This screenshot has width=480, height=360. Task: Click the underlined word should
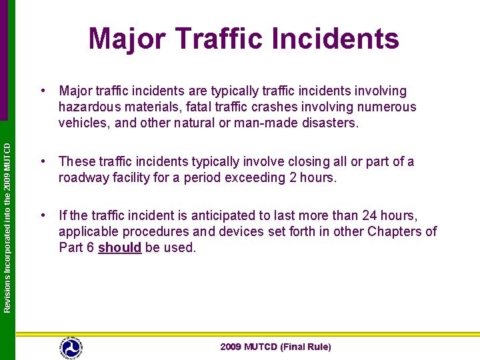[x=120, y=248]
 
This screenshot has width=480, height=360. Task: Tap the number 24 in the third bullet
[x=370, y=215]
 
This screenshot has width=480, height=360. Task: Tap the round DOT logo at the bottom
[x=71, y=347]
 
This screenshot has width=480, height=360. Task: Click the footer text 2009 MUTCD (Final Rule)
[x=275, y=347]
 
